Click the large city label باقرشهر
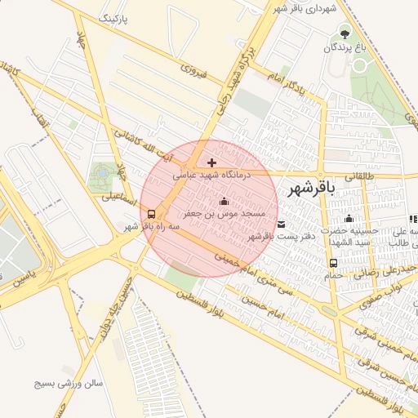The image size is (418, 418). (x=311, y=189)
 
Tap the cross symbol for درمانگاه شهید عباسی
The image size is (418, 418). (x=212, y=163)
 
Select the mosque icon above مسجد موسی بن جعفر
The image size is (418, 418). (x=225, y=202)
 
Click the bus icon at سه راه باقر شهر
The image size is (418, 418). (x=152, y=215)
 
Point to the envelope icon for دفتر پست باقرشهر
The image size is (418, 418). (x=281, y=225)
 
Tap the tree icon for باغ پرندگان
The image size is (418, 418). (x=344, y=34)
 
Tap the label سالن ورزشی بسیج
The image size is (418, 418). (x=68, y=381)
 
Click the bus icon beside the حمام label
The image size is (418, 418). (x=333, y=263)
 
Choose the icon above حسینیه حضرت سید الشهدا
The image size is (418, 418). (x=349, y=218)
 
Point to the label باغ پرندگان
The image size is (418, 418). (x=344, y=48)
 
